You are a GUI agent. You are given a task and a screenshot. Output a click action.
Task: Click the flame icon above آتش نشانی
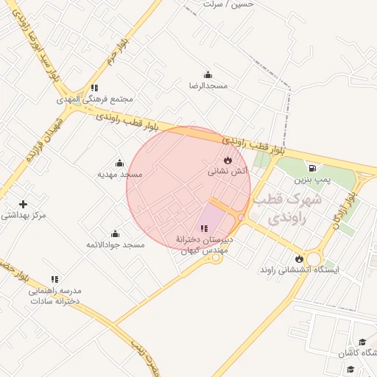[228, 160]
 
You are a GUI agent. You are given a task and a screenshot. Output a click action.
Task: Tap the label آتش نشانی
[228, 171]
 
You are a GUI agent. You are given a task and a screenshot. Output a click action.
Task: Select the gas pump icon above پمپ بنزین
[314, 168]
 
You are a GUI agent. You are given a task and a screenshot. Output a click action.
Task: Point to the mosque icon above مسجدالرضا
[208, 74]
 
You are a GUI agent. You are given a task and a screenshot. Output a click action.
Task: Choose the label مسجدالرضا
[208, 85]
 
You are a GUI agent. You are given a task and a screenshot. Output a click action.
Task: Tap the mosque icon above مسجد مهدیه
[119, 163]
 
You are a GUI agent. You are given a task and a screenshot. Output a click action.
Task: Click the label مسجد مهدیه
[119, 175]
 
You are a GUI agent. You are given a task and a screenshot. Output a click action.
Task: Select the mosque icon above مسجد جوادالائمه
[115, 233]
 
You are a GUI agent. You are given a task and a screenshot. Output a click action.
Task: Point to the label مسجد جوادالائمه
[116, 244]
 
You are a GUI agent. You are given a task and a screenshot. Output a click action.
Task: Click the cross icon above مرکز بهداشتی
[24, 204]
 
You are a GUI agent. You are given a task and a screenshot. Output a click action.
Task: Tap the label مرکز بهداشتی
[24, 215]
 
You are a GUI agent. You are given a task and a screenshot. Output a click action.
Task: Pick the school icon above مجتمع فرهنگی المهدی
[94, 88]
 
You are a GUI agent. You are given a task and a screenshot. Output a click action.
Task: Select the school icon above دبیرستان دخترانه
[204, 229]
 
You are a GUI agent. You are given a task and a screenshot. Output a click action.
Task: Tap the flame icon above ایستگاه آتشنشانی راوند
[299, 258]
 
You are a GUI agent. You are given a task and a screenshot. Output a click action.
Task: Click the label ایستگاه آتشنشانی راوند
[299, 270]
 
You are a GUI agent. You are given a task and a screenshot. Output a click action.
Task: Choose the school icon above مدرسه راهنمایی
[54, 279]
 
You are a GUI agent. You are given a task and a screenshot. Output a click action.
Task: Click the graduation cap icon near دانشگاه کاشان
[362, 342]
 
